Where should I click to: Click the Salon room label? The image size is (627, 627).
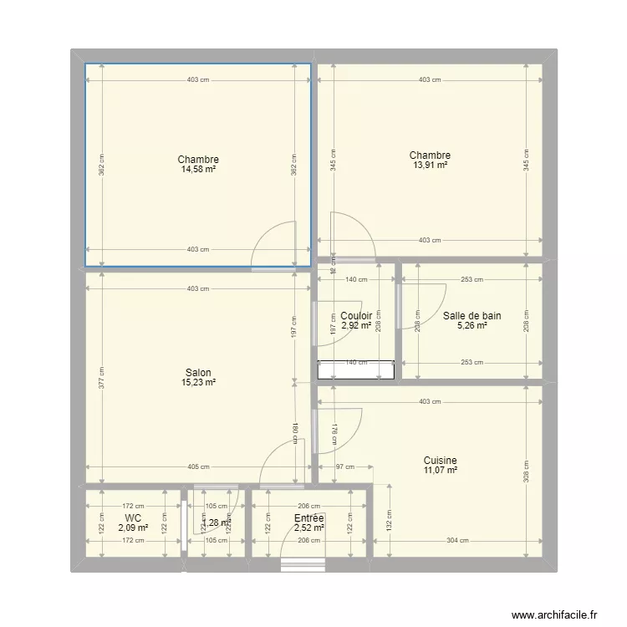coord(198,373)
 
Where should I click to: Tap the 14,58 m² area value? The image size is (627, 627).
coord(198,169)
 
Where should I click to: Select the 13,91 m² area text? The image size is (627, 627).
coord(430,166)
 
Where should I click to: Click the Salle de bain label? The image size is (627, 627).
coord(472,315)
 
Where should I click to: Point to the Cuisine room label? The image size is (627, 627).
coord(440,461)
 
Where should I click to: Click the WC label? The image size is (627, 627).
coord(132,518)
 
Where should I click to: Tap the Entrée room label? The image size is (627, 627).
coord(308,518)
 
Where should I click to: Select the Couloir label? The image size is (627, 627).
coord(356,315)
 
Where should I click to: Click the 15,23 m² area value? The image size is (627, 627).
coord(198,383)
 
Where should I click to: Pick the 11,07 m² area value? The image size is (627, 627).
coord(440,471)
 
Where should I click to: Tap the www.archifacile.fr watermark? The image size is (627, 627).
coord(555,615)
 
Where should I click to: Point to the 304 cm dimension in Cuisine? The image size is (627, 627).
coord(457,540)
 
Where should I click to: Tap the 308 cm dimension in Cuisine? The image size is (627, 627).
coord(526,472)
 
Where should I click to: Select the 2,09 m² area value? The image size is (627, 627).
coord(132,528)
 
